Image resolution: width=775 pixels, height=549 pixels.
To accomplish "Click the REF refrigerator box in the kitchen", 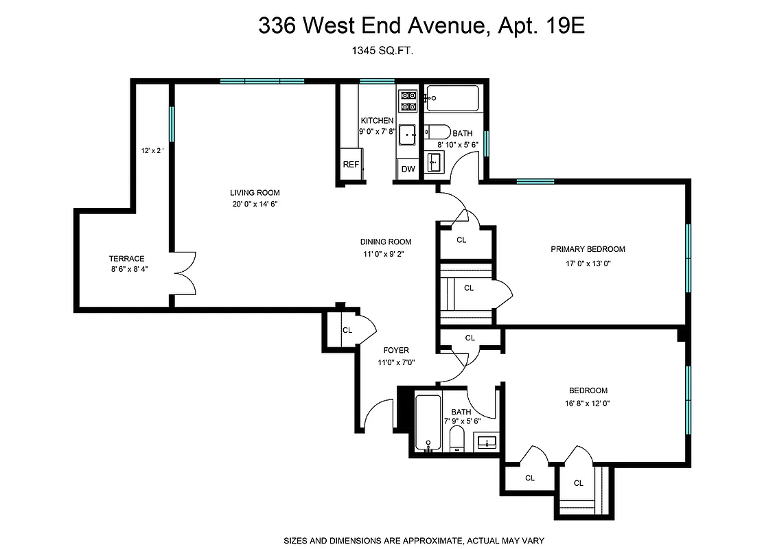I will (x=351, y=165).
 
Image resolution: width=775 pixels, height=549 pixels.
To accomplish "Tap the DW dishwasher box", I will (x=408, y=169).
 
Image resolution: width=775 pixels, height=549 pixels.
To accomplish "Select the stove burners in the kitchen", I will (x=408, y=101).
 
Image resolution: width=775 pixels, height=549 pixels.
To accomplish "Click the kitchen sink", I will (x=409, y=135).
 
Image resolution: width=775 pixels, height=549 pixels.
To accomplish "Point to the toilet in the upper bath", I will (x=437, y=132).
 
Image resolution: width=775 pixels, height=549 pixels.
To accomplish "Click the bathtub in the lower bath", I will (x=428, y=421).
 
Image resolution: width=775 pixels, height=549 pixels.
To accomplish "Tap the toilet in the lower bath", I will (x=457, y=439).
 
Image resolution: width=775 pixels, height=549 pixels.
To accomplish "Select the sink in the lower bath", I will (x=487, y=441).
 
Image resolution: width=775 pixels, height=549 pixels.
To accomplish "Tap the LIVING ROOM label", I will (x=255, y=193).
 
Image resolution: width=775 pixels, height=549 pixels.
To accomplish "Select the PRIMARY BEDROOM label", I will (x=588, y=249).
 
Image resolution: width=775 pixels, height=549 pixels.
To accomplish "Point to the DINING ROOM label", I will (x=385, y=242).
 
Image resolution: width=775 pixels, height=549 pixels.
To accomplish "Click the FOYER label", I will (x=396, y=350).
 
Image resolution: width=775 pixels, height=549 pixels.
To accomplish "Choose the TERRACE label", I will (x=126, y=259).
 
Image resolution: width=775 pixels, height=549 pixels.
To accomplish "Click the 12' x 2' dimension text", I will (x=152, y=150).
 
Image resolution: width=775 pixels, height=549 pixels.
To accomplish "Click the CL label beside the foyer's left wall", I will (x=347, y=330).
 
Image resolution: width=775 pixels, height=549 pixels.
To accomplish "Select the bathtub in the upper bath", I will (x=452, y=100).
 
